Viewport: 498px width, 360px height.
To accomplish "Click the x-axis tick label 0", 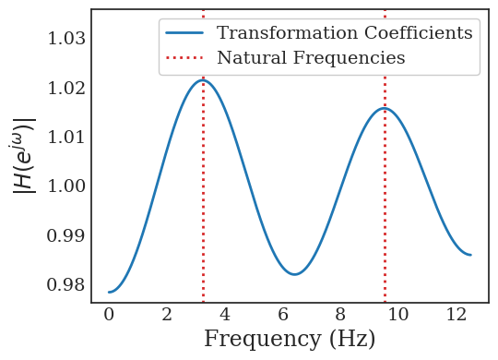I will pos(109,315).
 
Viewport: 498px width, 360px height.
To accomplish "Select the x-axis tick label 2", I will pos(167,315).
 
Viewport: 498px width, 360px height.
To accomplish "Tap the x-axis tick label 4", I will pos(225,315).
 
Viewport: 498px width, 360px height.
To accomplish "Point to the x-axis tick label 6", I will pos(283,315).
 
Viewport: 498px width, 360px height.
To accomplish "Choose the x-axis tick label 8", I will pos(340,315).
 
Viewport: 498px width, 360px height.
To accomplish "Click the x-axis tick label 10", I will pos(398,315).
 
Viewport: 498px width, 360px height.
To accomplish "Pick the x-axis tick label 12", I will pos(456,315).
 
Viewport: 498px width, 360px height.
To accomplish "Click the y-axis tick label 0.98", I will pos(65,284).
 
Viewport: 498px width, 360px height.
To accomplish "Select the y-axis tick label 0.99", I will pos(65,235).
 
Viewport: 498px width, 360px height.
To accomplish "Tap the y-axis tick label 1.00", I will pos(65,186).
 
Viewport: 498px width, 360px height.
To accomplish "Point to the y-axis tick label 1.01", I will pos(65,138).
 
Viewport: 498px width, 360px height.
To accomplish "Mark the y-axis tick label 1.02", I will pos(65,89).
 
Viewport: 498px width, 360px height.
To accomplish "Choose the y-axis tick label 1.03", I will pos(65,39).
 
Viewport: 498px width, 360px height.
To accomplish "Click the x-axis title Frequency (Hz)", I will pos(290,340).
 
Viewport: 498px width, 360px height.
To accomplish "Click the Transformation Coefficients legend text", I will pos(344,33).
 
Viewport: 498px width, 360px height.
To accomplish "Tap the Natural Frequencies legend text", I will pos(311,58).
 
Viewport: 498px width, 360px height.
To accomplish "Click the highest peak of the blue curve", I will pos(203,80).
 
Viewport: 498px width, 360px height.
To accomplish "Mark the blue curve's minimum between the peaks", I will pos(294,274).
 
